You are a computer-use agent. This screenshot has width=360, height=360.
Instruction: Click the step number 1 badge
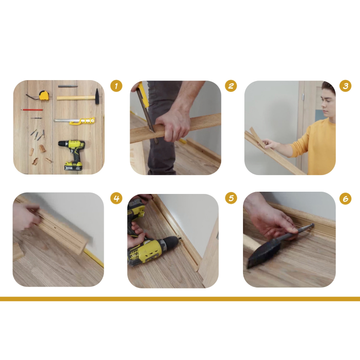pyautogui.click(x=116, y=86)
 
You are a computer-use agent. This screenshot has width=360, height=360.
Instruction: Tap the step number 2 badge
pyautogui.click(x=231, y=86)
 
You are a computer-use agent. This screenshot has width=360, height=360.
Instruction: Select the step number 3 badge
pyautogui.click(x=345, y=86)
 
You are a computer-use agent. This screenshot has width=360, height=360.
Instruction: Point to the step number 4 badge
pyautogui.click(x=116, y=198)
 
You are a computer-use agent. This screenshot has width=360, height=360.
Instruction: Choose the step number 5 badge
pyautogui.click(x=231, y=198)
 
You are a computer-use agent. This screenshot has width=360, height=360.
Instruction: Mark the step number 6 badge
pyautogui.click(x=345, y=198)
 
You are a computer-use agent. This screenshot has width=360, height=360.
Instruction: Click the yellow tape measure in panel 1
pyautogui.click(x=44, y=95)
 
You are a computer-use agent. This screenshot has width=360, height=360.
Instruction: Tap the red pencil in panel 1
pyautogui.click(x=32, y=110)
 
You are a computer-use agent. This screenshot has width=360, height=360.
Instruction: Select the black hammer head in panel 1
pyautogui.click(x=97, y=96)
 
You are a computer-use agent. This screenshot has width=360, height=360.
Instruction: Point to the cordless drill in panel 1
pyautogui.click(x=72, y=154)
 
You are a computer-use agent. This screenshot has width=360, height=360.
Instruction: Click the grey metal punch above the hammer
pyautogui.click(x=68, y=86)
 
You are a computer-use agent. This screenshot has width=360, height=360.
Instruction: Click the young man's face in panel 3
pyautogui.click(x=327, y=102)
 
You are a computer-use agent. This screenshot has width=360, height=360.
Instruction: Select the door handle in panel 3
pyautogui.click(x=303, y=97)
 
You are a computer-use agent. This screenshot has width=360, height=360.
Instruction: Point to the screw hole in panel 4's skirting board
pyautogui.click(x=55, y=229)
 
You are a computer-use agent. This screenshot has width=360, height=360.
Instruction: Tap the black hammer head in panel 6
pyautogui.click(x=264, y=253)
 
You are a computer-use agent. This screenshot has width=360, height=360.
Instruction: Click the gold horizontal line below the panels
pyautogui.click(x=180, y=299)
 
